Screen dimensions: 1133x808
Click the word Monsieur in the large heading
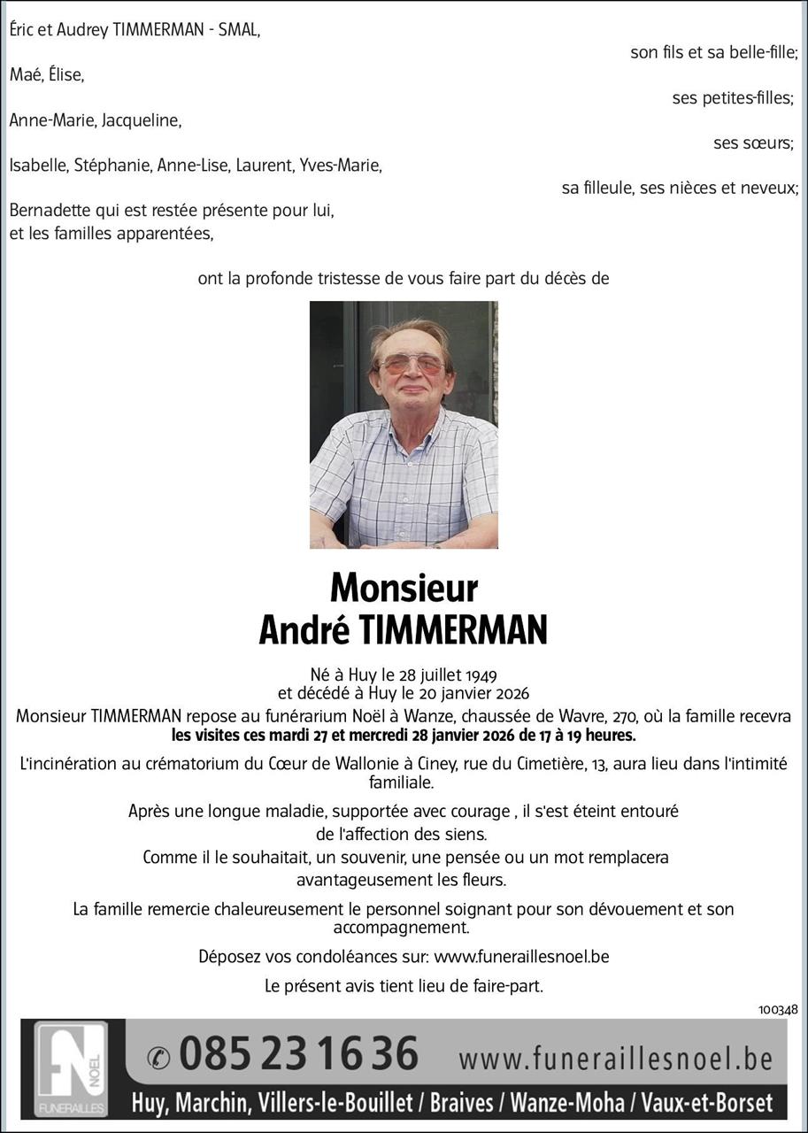click(x=404, y=588)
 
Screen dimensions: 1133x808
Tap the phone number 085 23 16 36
click(x=298, y=1055)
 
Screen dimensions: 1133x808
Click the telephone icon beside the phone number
click(x=158, y=1057)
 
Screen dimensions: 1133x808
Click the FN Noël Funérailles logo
click(x=71, y=1068)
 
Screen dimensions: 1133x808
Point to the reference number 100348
click(x=778, y=1009)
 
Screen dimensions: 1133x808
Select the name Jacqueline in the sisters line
click(x=142, y=120)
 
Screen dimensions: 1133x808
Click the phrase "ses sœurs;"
click(x=753, y=143)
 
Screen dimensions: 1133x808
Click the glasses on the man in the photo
click(x=412, y=364)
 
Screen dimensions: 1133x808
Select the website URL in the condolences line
click(x=521, y=956)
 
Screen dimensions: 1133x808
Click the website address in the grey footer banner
click(x=616, y=1059)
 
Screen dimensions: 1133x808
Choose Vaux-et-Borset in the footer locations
click(x=707, y=1103)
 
